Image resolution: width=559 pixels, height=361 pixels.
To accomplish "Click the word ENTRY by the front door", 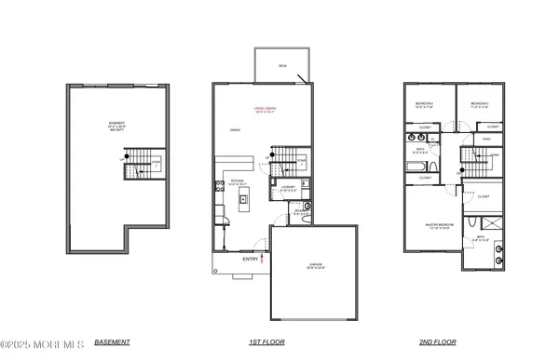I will click(x=250, y=260).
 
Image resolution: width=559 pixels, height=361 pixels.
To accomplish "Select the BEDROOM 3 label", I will click(x=480, y=104).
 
